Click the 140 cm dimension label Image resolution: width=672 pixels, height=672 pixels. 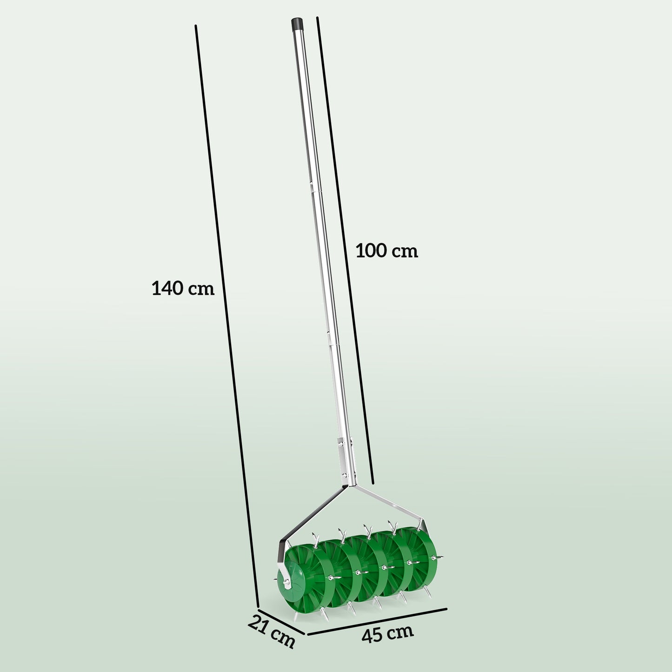[x=183, y=288]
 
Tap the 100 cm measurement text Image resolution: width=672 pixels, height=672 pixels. [x=386, y=251]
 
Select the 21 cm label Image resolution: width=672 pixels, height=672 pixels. [x=272, y=631]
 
